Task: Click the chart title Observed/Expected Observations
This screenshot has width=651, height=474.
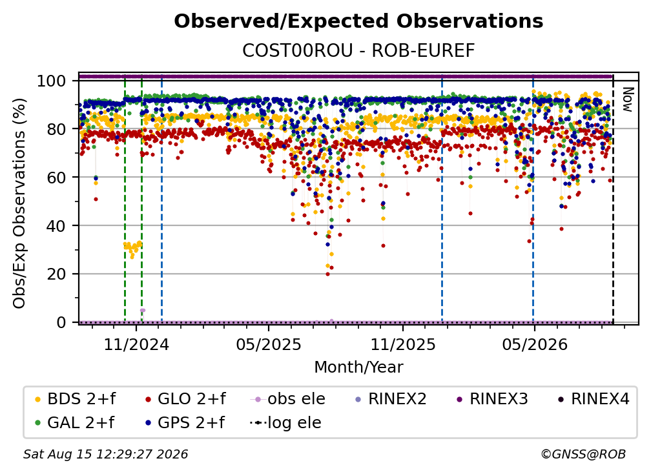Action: [x=358, y=21]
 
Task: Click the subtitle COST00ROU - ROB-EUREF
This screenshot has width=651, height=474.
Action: [x=358, y=50]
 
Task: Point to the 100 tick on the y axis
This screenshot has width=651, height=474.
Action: [x=52, y=81]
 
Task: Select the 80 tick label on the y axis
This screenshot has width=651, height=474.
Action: [x=56, y=129]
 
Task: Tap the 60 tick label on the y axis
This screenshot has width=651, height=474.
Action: [x=56, y=178]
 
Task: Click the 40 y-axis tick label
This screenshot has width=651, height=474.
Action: [x=56, y=226]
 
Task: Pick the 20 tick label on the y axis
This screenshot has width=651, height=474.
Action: [x=56, y=274]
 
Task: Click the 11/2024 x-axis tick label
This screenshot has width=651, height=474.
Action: [x=136, y=344]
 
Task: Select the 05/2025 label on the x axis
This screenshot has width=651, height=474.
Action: [x=269, y=344]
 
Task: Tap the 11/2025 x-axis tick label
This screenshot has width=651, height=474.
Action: [x=403, y=344]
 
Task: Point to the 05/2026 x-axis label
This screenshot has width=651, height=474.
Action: [x=535, y=344]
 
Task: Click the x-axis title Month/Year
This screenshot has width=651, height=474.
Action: [x=358, y=367]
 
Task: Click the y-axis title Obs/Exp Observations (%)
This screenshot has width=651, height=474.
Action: [x=19, y=203]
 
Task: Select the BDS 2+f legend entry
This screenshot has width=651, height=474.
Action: [x=75, y=399]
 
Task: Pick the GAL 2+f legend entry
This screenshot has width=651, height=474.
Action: [x=75, y=423]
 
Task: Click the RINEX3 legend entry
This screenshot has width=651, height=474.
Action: [x=492, y=399]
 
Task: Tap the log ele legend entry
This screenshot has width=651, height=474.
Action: [x=285, y=423]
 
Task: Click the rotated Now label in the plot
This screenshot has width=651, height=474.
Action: [x=627, y=99]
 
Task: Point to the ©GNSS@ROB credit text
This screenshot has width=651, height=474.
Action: [x=583, y=455]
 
